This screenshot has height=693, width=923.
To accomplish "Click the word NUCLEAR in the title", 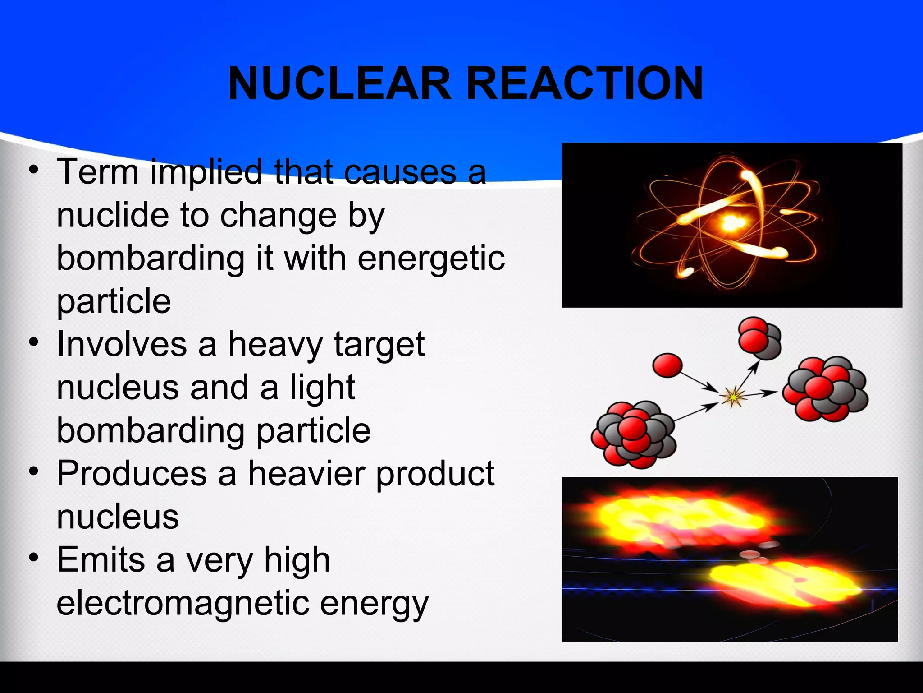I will click(339, 83).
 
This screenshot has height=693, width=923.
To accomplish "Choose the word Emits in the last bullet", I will click(101, 560).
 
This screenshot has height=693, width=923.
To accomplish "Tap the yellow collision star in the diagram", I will click(733, 397).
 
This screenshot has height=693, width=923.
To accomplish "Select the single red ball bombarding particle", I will click(667, 365).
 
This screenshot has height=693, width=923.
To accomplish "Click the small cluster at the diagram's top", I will click(759, 338).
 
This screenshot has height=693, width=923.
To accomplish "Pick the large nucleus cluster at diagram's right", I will click(825, 389).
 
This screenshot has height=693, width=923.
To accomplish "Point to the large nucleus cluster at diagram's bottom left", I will click(634, 434).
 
